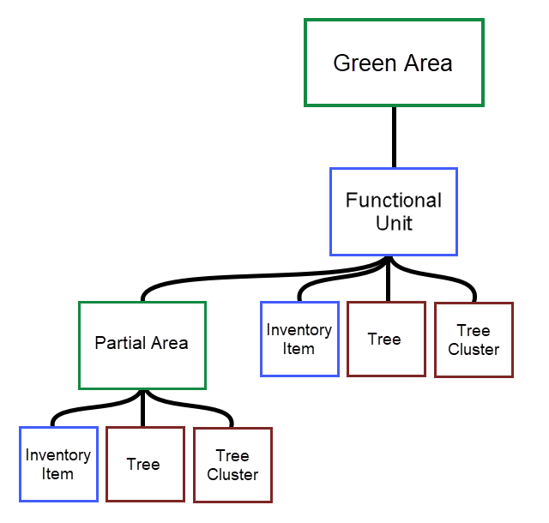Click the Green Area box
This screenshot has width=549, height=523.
(394, 63)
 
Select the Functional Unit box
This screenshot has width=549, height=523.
(394, 212)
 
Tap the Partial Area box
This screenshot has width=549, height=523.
(142, 344)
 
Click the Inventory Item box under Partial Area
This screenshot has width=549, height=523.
(58, 464)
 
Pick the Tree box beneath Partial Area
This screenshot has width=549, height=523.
(145, 464)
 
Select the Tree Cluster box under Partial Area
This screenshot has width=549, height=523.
(232, 465)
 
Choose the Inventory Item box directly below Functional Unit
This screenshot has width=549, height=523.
(299, 339)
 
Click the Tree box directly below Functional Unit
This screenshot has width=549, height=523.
(386, 339)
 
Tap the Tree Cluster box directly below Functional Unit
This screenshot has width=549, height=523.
(474, 340)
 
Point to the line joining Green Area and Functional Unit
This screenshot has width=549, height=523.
(394, 137)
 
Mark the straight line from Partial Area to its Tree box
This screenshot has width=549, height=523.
(143, 408)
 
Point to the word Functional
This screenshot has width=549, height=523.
(394, 201)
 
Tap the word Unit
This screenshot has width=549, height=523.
(394, 223)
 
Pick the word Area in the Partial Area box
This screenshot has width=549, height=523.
(169, 344)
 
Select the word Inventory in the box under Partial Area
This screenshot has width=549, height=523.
(58, 455)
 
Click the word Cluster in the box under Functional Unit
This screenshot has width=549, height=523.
(474, 349)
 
